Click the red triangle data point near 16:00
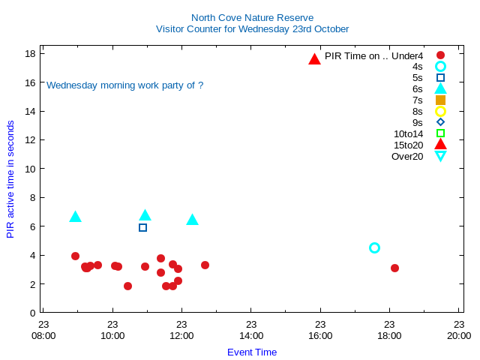(314, 58)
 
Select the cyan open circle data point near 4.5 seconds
(374, 247)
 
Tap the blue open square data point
(142, 227)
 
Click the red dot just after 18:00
(394, 268)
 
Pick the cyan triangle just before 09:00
(75, 217)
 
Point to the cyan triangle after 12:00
(192, 220)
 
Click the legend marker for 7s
(440, 100)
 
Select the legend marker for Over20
(440, 156)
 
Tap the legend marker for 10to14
(440, 133)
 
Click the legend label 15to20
(408, 145)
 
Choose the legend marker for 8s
(440, 111)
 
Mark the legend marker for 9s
(440, 122)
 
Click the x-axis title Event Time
(252, 352)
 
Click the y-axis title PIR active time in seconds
(10, 179)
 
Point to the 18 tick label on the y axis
(31, 54)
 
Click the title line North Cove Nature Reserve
(252, 17)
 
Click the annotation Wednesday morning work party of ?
(125, 85)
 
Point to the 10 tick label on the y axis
(31, 169)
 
